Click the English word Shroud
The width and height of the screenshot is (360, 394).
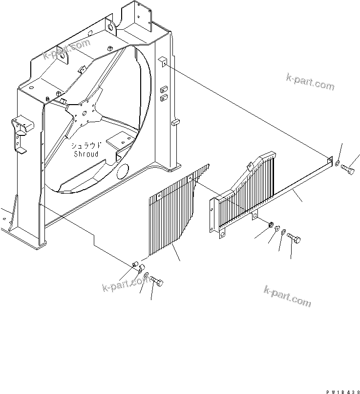[x=86, y=154]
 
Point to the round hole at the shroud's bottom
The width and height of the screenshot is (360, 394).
[x=122, y=172]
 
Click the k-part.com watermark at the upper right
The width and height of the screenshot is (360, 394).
[x=310, y=81]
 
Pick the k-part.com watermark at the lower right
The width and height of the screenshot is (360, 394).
[x=287, y=296]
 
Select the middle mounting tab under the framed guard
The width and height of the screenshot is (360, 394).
[x=255, y=216]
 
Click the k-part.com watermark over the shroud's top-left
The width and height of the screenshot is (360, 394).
[x=66, y=49]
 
